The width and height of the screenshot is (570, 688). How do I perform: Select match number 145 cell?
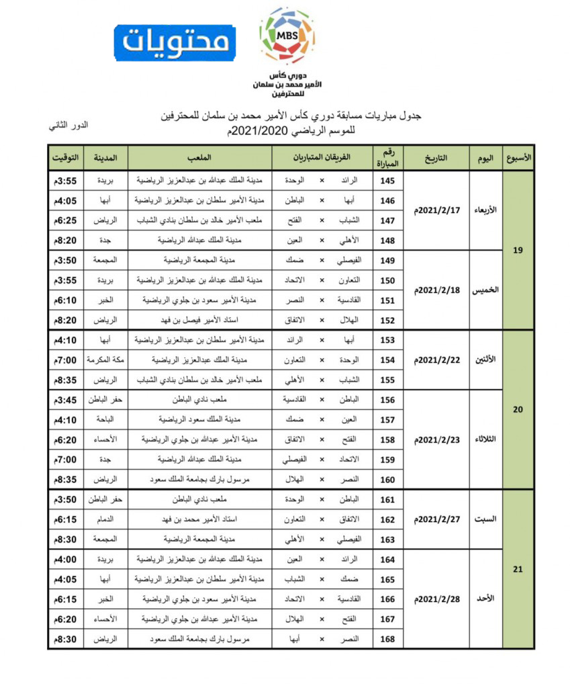[387, 181]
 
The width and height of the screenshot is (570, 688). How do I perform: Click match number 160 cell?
[387, 480]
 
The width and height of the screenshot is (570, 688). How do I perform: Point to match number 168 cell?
[387, 640]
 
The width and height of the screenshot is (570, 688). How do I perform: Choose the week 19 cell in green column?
[518, 251]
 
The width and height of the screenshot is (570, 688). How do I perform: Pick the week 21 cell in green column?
[518, 570]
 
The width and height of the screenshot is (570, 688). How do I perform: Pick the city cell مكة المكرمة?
[105, 360]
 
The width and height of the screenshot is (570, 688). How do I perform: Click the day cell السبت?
[483, 519]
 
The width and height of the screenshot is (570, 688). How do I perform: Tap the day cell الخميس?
[483, 290]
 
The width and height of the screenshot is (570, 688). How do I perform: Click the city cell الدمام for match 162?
[105, 519]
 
